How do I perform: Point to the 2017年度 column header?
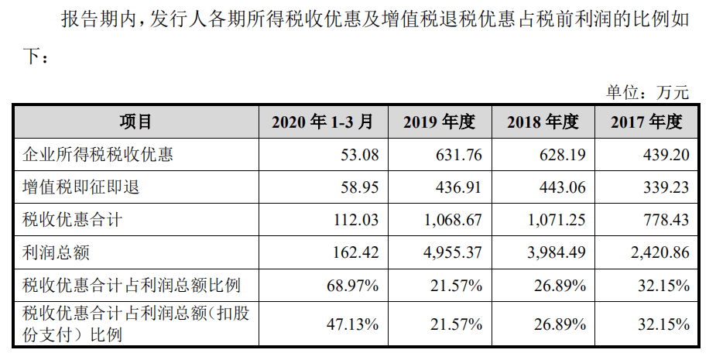point(646,122)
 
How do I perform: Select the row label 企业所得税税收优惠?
point(98,155)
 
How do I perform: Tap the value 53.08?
point(360,155)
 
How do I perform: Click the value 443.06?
point(564,187)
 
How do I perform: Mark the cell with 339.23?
point(666,187)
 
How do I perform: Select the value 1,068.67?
point(451,220)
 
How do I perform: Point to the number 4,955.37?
point(451,252)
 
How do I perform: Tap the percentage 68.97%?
point(353,286)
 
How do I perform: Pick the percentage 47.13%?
point(353,324)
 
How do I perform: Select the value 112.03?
point(356,220)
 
